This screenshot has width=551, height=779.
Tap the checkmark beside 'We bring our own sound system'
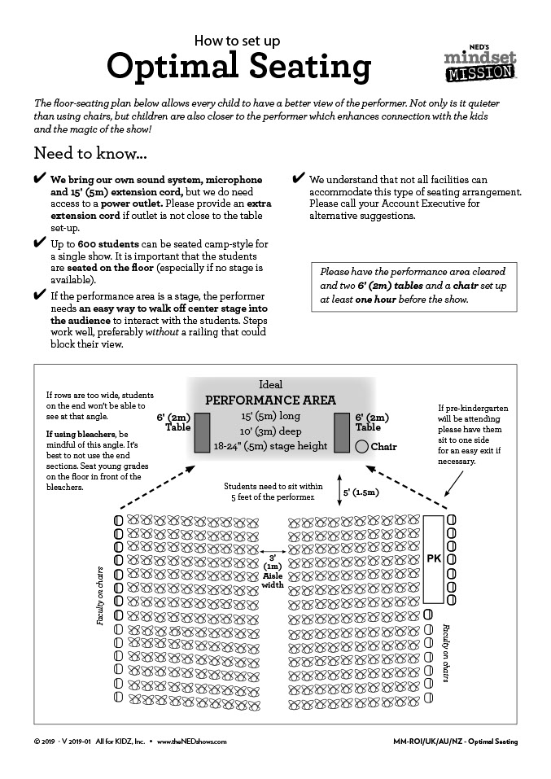[39, 179]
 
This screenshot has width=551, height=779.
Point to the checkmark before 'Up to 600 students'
[39, 243]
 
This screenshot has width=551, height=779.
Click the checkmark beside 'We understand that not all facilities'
[299, 179]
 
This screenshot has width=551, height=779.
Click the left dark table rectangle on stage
[202, 432]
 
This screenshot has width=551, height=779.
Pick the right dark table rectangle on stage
[342, 432]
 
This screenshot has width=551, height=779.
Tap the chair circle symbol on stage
[361, 446]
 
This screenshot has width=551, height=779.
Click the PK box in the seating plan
[434, 558]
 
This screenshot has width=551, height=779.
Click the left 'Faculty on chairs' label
[101, 595]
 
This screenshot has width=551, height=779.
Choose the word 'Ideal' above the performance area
[271, 384]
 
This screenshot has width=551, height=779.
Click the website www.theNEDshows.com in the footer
[192, 742]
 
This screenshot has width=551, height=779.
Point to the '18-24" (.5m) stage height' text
[270, 446]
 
